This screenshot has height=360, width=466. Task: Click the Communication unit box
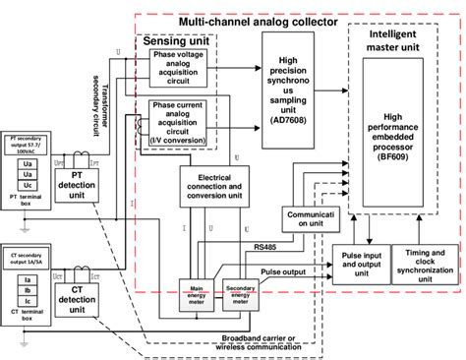(x=309, y=216)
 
